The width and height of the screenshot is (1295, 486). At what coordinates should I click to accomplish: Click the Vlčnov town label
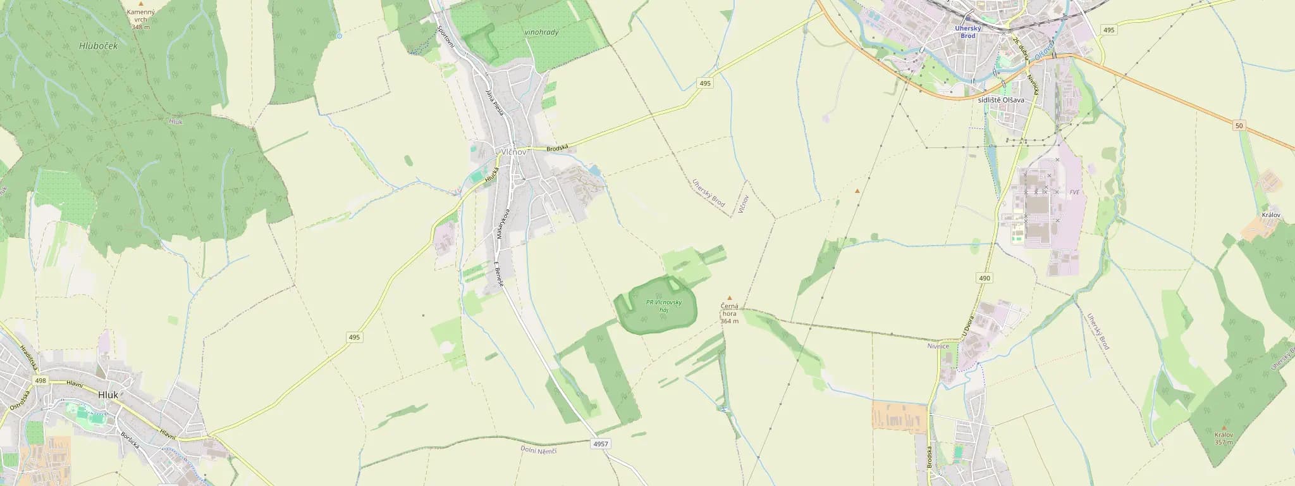click(513, 153)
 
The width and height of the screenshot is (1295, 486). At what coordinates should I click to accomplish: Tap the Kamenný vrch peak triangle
click(140, 4)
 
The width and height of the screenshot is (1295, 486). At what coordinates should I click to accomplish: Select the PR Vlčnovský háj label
click(664, 306)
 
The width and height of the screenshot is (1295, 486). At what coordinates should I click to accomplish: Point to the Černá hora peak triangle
click(730, 297)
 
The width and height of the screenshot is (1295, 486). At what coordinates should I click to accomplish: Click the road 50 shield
click(1239, 126)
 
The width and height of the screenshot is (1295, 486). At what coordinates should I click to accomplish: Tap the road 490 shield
click(984, 278)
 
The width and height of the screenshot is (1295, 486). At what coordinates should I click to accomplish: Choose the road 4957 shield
click(601, 444)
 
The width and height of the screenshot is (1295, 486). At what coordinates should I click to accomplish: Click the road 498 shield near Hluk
click(41, 380)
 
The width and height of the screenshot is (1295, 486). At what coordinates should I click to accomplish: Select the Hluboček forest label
click(95, 46)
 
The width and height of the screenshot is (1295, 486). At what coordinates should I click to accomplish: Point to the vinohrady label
click(541, 32)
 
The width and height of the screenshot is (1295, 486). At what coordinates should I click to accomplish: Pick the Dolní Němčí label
click(538, 449)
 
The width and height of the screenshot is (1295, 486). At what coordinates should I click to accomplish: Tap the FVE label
click(1074, 192)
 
